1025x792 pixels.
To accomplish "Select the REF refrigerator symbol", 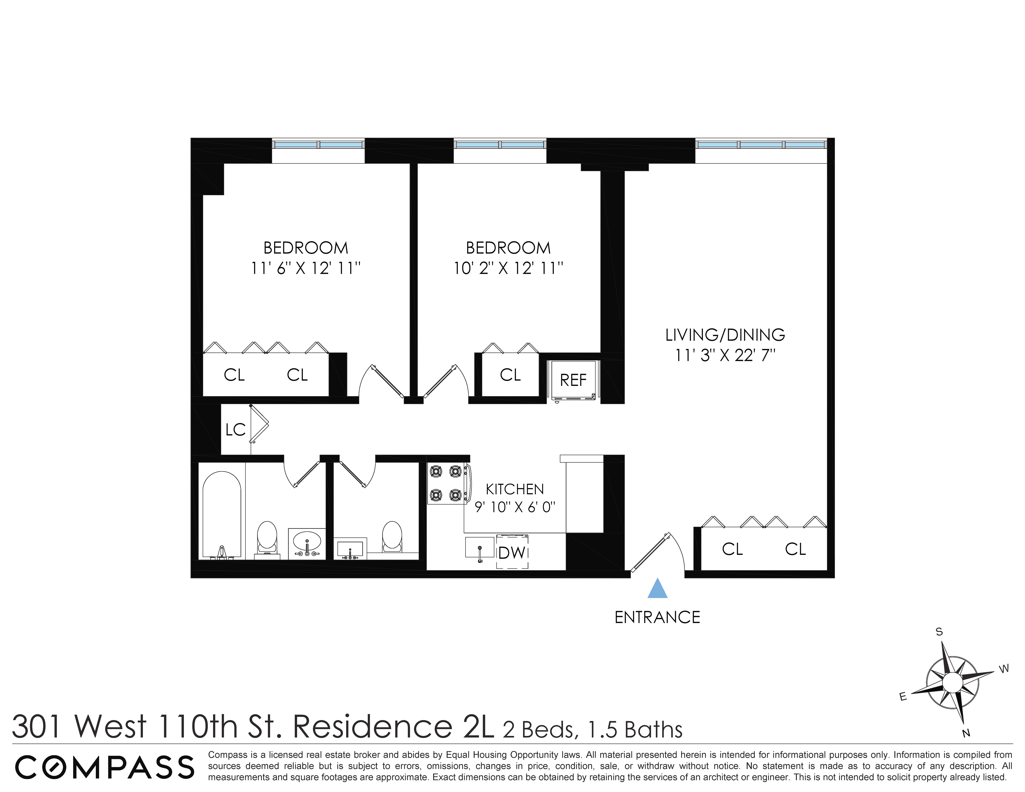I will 573,380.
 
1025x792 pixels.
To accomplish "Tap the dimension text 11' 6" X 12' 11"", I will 305,268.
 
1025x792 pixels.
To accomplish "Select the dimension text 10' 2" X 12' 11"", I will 508,268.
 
